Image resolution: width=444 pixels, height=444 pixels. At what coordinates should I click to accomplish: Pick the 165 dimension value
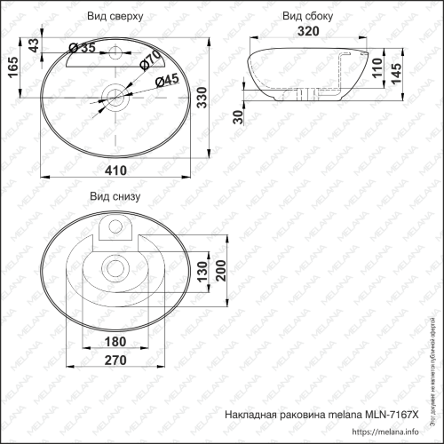click(x=12, y=67)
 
